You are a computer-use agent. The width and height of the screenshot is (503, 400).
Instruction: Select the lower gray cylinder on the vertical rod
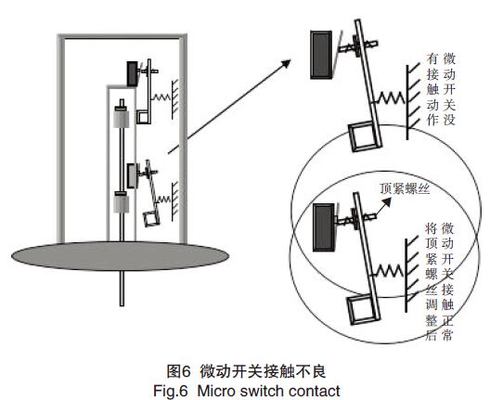tap(120, 202)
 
